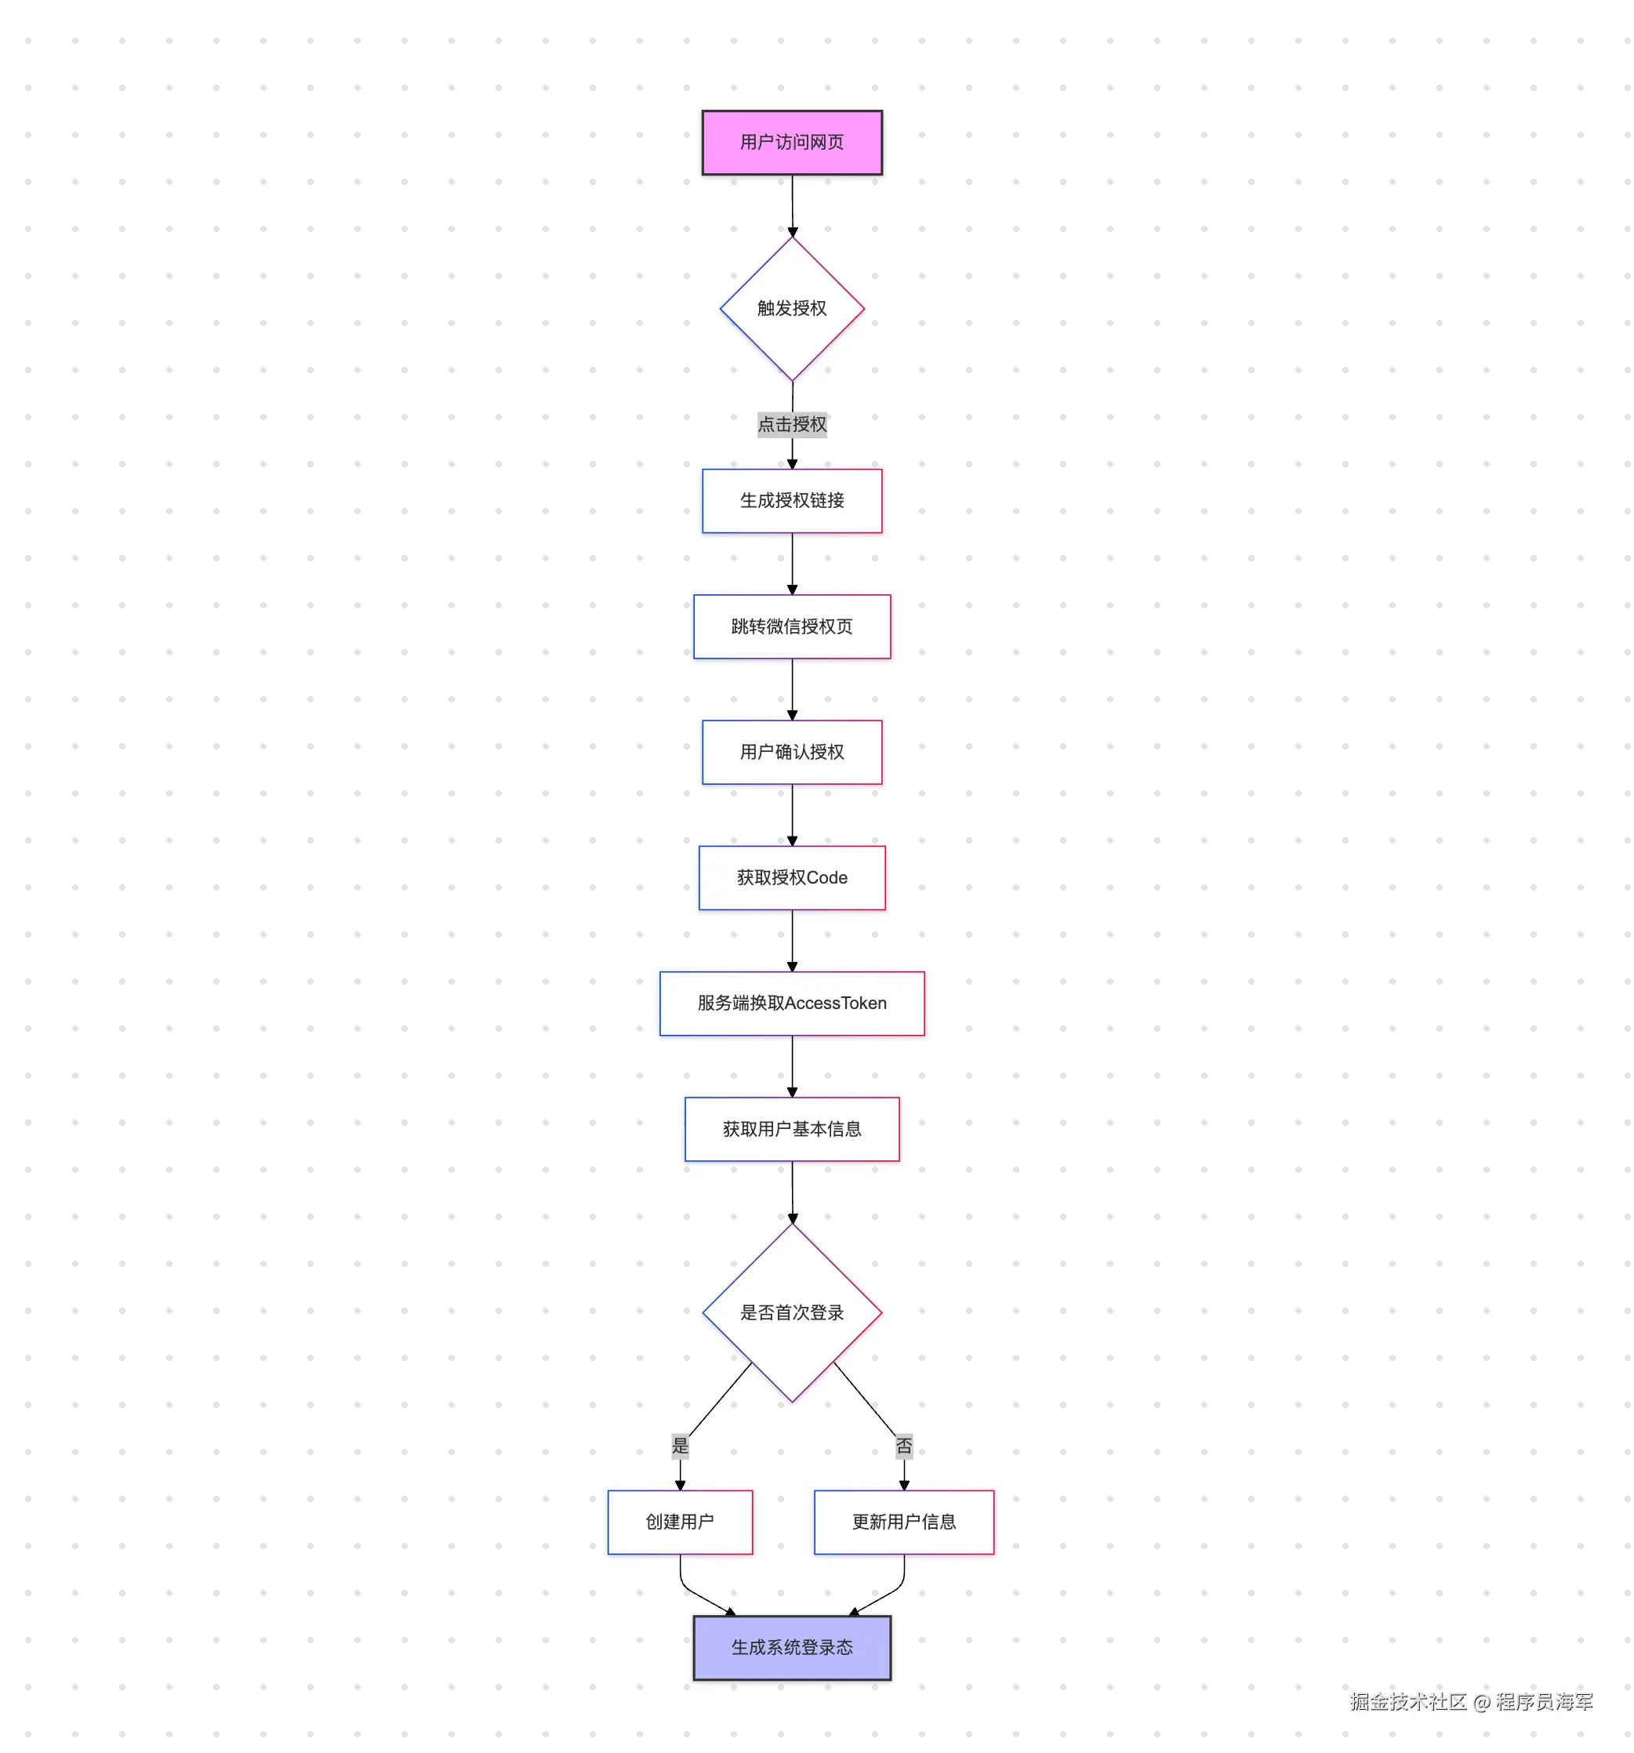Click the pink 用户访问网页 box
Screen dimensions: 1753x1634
tap(791, 142)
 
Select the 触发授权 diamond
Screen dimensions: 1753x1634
tap(791, 308)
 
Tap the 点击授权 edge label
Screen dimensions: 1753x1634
tap(791, 424)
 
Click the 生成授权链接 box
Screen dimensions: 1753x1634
tap(791, 500)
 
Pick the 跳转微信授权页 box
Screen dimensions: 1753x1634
tap(791, 626)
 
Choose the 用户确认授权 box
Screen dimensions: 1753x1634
tap(791, 751)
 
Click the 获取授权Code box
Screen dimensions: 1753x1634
tap(791, 877)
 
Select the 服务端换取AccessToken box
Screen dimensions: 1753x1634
tap(791, 1003)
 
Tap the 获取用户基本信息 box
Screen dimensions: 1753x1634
tap(791, 1129)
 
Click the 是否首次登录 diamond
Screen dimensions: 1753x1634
tap(791, 1312)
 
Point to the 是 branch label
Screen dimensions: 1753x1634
tap(680, 1445)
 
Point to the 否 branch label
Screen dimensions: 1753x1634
tap(903, 1445)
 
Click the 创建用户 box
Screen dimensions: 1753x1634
tap(679, 1521)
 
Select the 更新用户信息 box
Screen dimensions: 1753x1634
tap(903, 1521)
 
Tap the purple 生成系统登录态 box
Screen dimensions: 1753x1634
tap(791, 1647)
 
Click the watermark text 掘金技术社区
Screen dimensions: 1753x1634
tap(1407, 1701)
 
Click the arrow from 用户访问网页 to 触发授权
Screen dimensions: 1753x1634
tap(792, 205)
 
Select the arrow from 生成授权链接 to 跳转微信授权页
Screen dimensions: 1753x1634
tap(791, 563)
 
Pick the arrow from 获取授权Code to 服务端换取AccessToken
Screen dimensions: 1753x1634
tap(791, 939)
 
